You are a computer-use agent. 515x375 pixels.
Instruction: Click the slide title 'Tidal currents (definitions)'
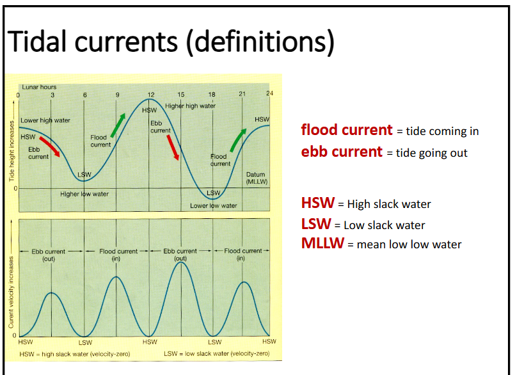click(171, 42)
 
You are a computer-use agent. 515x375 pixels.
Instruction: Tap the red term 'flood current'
click(346, 130)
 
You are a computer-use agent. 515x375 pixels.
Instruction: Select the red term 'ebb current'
click(342, 152)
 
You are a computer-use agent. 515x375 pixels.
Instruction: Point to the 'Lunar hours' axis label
click(39, 87)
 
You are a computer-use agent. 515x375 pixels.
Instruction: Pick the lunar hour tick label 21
click(242, 95)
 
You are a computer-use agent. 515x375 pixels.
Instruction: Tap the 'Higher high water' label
click(191, 106)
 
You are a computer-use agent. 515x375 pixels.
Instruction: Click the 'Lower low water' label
click(213, 205)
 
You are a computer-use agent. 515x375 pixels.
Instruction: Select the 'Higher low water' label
click(84, 194)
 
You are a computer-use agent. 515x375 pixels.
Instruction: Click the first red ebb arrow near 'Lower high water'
click(50, 146)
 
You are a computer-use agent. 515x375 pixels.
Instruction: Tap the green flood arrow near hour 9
click(118, 125)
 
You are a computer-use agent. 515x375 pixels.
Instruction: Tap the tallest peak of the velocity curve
click(181, 262)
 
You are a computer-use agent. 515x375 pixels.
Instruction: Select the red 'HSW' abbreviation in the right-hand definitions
click(317, 203)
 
